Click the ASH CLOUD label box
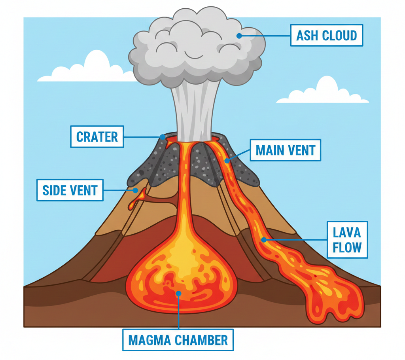pyautogui.click(x=327, y=36)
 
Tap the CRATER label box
pyautogui.click(x=97, y=137)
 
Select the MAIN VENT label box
pyautogui.click(x=285, y=150)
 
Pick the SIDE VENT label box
pyautogui.click(x=70, y=190)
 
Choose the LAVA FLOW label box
pyautogui.click(x=347, y=239)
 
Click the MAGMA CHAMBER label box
pyautogui.click(x=178, y=339)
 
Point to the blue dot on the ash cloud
pyautogui.click(x=239, y=36)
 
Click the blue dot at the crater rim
pyautogui.click(x=163, y=137)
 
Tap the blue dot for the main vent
pyautogui.click(x=227, y=161)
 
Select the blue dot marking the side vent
pyautogui.click(x=135, y=190)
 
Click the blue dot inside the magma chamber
pyautogui.click(x=178, y=293)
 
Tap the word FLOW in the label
pyautogui.click(x=347, y=247)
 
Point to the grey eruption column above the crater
pyautogui.click(x=194, y=111)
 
